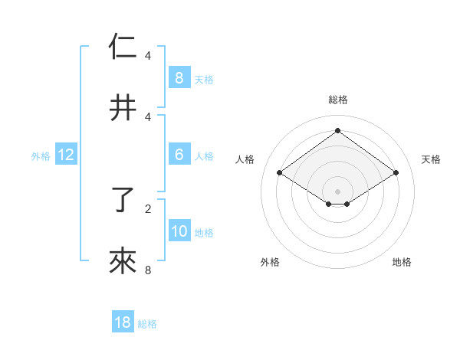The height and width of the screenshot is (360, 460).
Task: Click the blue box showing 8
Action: coord(179,78)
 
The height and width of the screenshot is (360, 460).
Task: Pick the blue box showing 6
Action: coord(179,155)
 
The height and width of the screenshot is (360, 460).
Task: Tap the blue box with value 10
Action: coord(179,231)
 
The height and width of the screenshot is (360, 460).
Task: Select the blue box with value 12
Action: coord(66,155)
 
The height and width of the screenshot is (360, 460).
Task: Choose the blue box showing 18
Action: coord(123,322)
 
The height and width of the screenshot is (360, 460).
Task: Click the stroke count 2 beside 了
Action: coord(148,208)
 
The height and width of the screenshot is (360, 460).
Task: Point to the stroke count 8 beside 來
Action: coord(148,270)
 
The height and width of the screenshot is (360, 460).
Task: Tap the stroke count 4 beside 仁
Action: coord(148,56)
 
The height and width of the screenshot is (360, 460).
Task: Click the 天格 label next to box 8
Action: coord(204,79)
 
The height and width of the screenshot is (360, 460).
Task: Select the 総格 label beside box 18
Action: coord(147,324)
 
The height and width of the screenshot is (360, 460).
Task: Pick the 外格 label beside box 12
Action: coord(41,155)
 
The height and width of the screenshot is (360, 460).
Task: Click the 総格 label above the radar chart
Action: coord(338,100)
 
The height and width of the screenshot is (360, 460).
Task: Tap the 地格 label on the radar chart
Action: coord(402,262)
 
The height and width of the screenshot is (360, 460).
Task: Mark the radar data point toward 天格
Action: coord(396,173)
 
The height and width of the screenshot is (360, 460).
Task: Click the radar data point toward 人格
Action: coord(280,173)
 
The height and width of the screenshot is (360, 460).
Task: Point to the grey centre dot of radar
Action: coord(338,191)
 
